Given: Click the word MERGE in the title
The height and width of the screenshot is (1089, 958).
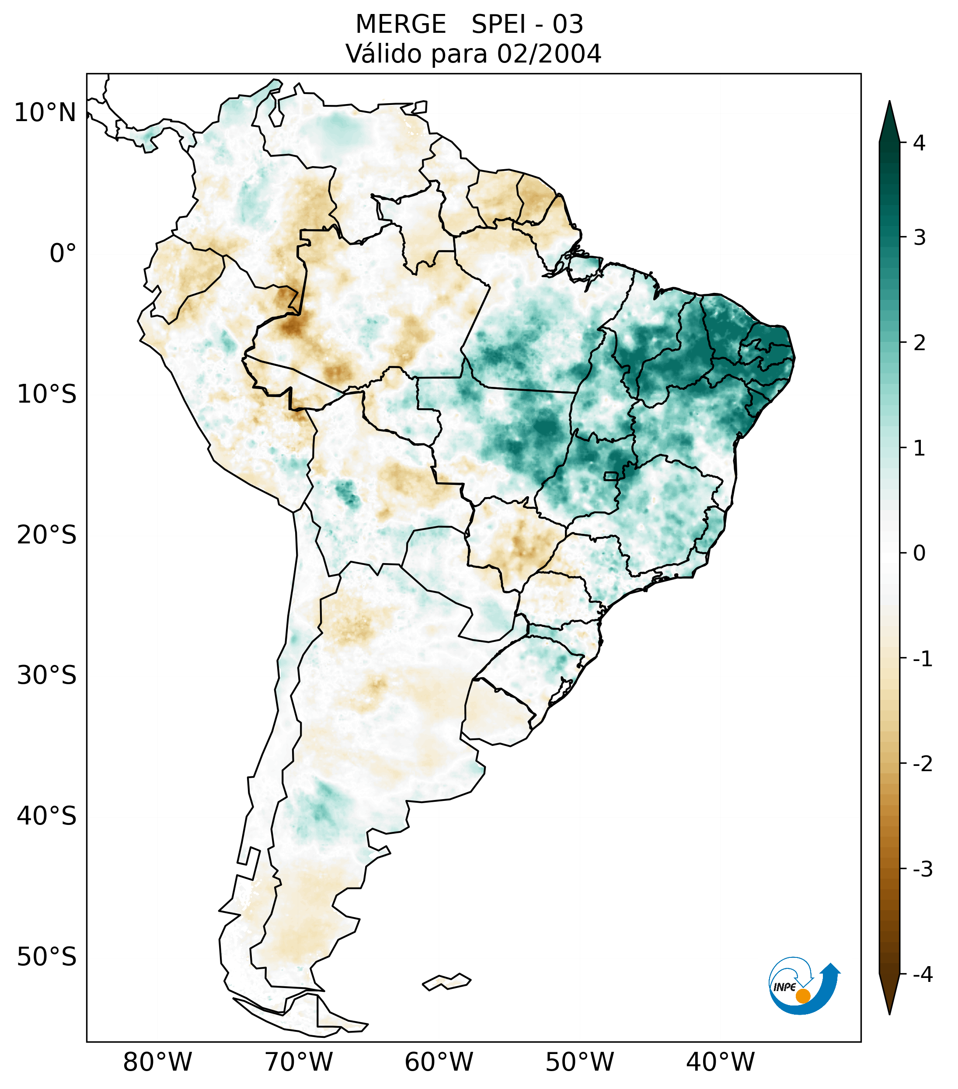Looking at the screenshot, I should pyautogui.click(x=400, y=24).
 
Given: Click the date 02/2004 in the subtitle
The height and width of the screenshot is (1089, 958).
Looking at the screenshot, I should pyautogui.click(x=549, y=54).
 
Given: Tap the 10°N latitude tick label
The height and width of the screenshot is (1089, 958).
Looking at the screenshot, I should pyautogui.click(x=45, y=113).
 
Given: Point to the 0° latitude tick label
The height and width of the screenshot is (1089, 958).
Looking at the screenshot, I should pyautogui.click(x=63, y=254).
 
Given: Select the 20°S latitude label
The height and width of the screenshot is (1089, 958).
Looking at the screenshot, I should pyautogui.click(x=47, y=535).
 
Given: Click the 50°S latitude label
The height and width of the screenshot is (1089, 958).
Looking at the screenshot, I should pyautogui.click(x=47, y=957).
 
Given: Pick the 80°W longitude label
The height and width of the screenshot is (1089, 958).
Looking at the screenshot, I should pyautogui.click(x=158, y=1062).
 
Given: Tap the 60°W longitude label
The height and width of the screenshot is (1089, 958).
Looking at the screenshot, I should pyautogui.click(x=439, y=1062).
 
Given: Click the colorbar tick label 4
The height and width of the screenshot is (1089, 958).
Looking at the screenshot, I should pyautogui.click(x=919, y=143).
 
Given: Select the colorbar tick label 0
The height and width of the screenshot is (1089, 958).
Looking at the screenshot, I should pyautogui.click(x=919, y=553).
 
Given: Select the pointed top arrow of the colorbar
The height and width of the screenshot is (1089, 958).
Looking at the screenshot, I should pyautogui.click(x=889, y=120).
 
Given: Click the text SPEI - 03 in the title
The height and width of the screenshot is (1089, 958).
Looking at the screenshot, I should pyautogui.click(x=527, y=24).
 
